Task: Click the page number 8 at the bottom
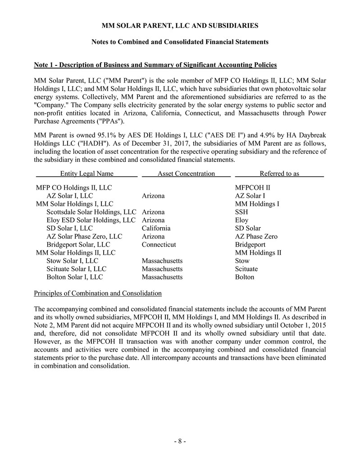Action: click(180, 441)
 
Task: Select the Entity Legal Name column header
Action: click(87, 174)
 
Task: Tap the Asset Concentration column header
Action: click(186, 174)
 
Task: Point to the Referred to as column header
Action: click(279, 174)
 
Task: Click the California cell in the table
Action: click(156, 228)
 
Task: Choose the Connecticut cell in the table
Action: click(159, 245)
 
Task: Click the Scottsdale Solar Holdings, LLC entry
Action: click(91, 212)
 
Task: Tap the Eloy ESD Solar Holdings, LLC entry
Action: click(91, 220)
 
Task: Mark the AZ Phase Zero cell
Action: click(256, 237)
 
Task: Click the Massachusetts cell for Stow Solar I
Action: click(162, 261)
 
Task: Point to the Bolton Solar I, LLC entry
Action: click(75, 277)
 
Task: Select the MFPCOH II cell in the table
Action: click(253, 187)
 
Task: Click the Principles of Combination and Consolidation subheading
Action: click(98, 293)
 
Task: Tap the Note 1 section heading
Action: click(155, 65)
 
